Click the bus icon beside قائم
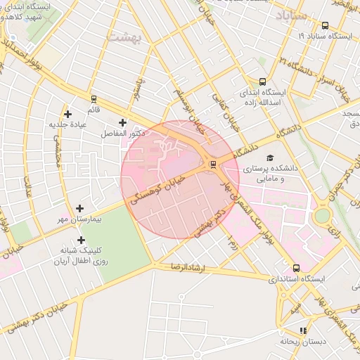[94, 98]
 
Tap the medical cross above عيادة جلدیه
[67, 114]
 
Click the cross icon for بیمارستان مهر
[79, 209]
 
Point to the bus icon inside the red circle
[213, 165]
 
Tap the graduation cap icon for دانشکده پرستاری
[271, 157]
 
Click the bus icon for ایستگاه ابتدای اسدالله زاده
[262, 82]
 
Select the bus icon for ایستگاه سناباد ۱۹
[325, 25]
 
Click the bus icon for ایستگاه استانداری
[296, 268]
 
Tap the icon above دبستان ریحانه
[303, 330]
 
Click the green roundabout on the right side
[322, 215]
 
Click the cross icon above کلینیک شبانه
[82, 240]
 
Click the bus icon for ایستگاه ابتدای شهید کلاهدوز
[13, 39]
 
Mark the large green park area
[116, 239]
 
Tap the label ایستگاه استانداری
[297, 279]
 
